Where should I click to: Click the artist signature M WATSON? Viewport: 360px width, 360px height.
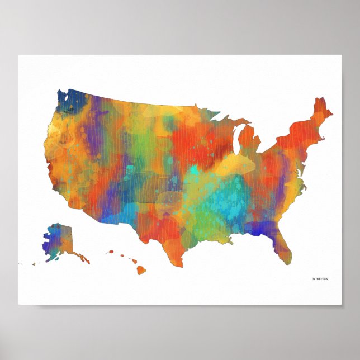pyautogui.click(x=320, y=279)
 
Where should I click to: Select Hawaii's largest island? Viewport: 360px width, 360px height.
pyautogui.click(x=141, y=269)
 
